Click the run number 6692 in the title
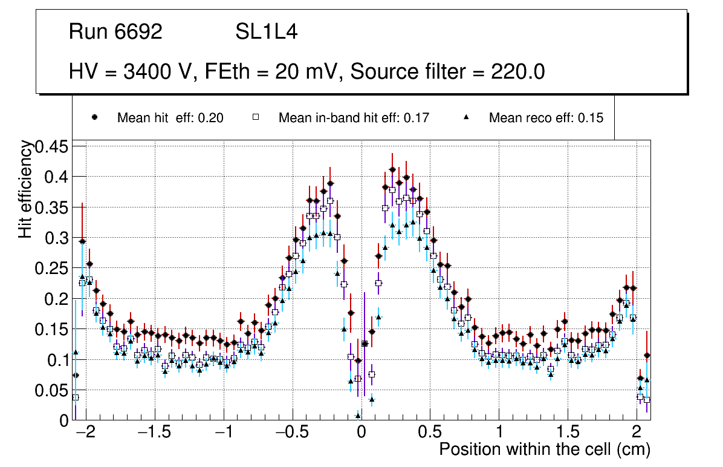tap(139, 32)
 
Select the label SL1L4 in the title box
tap(266, 32)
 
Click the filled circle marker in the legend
tap(95, 117)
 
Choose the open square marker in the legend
tap(256, 117)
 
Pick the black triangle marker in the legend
tap(466, 117)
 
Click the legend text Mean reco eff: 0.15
tap(546, 118)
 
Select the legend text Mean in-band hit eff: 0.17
tap(354, 118)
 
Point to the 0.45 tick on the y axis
tap(53, 146)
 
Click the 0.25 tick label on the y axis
tap(53, 268)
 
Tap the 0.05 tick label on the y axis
tap(53, 390)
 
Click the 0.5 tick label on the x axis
tap(430, 433)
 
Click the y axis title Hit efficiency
tap(25, 189)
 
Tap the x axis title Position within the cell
tap(544, 450)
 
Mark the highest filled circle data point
tap(392, 170)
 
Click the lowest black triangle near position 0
tap(358, 416)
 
